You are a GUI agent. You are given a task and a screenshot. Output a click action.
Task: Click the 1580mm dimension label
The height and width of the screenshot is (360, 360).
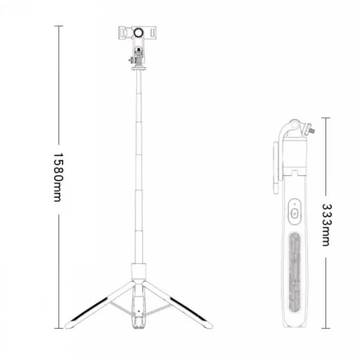coord(58,177)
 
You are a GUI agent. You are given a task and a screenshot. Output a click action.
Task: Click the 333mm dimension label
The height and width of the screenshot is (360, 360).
coord(327,225)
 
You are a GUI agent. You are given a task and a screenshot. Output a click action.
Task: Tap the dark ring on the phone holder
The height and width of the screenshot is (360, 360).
coord(138,33)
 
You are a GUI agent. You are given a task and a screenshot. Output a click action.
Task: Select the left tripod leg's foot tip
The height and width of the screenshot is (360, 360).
coord(67,326)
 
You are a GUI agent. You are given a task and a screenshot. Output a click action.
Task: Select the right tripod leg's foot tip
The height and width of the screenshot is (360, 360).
coord(210,326)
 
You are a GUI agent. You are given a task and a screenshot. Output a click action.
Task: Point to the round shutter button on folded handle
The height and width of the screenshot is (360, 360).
coord(294,213)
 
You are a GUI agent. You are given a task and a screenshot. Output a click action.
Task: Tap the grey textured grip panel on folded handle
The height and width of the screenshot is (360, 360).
coord(295,272)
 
